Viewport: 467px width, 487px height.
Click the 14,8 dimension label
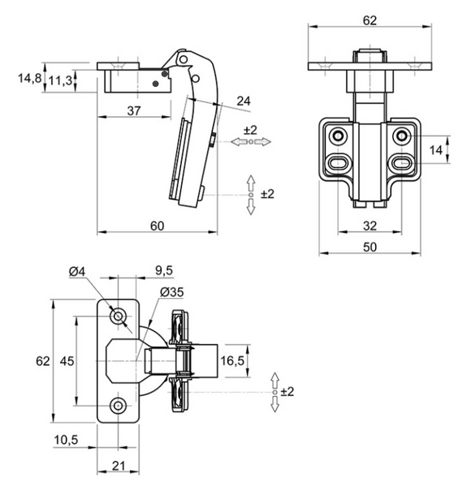tap(29, 78)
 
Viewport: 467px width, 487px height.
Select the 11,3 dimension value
tap(60, 80)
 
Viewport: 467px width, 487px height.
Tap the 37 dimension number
tap(134, 110)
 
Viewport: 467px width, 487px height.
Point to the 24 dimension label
tap(244, 101)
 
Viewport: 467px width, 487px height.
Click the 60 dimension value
tap(158, 226)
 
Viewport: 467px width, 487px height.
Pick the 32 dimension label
tap(370, 226)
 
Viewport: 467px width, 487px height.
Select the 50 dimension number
tap(370, 248)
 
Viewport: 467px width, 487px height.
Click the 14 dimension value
tap(435, 150)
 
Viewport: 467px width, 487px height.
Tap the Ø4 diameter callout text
tap(77, 272)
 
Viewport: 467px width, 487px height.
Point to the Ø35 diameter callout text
tap(172, 292)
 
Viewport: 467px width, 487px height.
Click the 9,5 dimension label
tap(164, 270)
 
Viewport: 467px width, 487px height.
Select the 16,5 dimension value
tap(232, 360)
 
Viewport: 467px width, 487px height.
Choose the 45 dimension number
tap(67, 361)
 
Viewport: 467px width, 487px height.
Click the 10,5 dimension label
tap(66, 440)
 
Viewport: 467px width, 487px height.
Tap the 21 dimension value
tap(119, 466)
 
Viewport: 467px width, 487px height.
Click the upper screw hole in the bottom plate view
tap(118, 317)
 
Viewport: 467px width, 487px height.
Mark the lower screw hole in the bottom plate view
tap(118, 406)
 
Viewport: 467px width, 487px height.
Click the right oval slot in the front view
tap(402, 162)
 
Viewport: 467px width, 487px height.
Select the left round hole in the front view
tap(338, 136)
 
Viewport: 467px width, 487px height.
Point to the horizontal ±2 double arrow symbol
tap(251, 142)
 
